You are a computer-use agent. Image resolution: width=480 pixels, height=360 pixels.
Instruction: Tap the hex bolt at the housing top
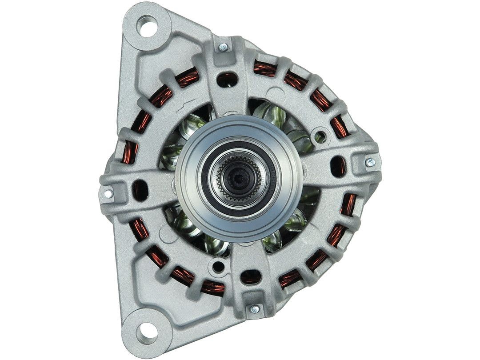coord(223,46)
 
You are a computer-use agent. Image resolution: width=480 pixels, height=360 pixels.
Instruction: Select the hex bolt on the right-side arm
coord(369,162)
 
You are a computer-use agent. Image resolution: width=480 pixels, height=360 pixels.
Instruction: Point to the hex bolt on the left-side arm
coord(108,193)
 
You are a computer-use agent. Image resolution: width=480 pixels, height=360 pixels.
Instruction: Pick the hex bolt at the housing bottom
coord(255,308)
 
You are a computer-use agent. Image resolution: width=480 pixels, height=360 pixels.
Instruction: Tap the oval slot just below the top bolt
coord(227,79)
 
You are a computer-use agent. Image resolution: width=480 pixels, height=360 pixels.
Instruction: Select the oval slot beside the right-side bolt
coord(338,166)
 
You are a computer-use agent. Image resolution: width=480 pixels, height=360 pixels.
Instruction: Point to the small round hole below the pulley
coord(218,266)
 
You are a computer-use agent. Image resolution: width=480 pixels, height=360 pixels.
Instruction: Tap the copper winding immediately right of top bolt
coord(265,69)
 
